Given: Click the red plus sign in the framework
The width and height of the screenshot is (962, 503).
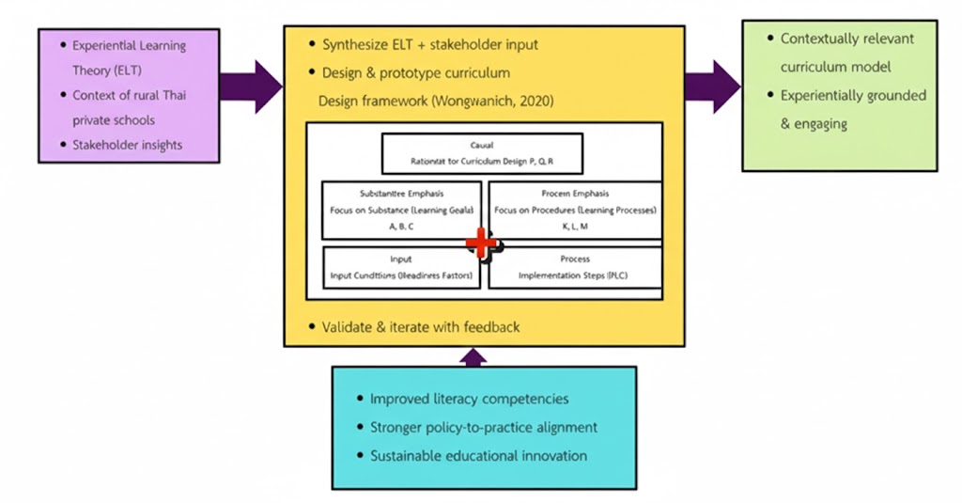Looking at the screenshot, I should [x=482, y=244].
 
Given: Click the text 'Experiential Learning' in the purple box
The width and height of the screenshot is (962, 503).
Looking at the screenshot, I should [x=130, y=45].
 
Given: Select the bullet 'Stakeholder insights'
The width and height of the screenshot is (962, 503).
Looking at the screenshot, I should [x=128, y=145].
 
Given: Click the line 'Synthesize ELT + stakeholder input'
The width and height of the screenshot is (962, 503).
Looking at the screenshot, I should [x=429, y=44].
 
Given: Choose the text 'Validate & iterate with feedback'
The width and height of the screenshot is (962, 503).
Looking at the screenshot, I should [x=420, y=327].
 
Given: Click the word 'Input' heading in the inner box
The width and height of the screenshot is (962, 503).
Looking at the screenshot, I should [x=401, y=259].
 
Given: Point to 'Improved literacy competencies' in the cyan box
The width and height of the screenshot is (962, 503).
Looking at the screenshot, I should [x=469, y=400].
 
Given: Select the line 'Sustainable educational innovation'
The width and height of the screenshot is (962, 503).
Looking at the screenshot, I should [x=478, y=456].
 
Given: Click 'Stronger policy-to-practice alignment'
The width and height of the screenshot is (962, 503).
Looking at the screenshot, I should [x=484, y=428].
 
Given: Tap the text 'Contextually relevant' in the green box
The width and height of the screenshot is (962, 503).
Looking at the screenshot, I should [x=846, y=39].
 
